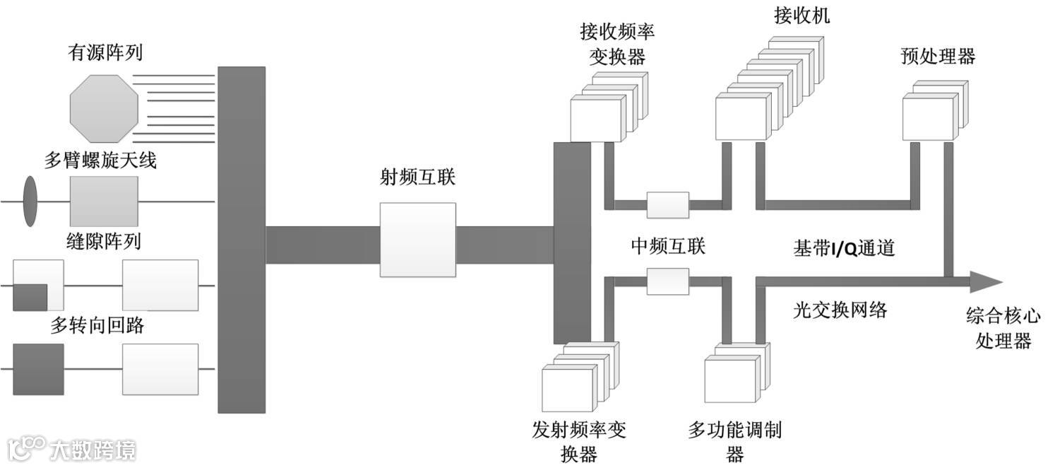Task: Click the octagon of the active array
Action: pyautogui.click(x=103, y=109)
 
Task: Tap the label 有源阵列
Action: pyautogui.click(x=106, y=52)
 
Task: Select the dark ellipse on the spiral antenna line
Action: pyautogui.click(x=30, y=201)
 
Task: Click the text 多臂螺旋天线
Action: pyautogui.click(x=100, y=160)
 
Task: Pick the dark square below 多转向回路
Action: pyautogui.click(x=38, y=369)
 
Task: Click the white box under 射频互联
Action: pyautogui.click(x=417, y=240)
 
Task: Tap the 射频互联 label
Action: pyautogui.click(x=417, y=177)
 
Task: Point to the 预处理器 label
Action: pyautogui.click(x=938, y=57)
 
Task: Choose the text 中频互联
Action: pyautogui.click(x=667, y=246)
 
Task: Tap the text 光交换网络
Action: pyautogui.click(x=839, y=310)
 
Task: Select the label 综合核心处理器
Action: pyautogui.click(x=1003, y=328)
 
